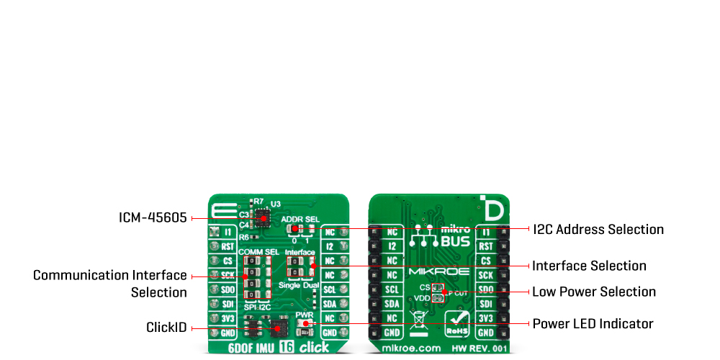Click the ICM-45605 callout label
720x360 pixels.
pyautogui.click(x=152, y=217)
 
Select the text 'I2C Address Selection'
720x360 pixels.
pyautogui.click(x=598, y=230)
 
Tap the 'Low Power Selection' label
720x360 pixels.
pyautogui.click(x=593, y=292)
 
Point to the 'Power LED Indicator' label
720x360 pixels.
pyautogui.click(x=593, y=324)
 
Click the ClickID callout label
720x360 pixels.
pyautogui.click(x=166, y=328)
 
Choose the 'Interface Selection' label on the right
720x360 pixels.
pyautogui.click(x=589, y=266)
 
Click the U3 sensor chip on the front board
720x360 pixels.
pyautogui.click(x=264, y=217)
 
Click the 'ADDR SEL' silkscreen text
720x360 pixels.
pyautogui.click(x=300, y=218)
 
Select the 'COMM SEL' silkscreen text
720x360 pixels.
pyautogui.click(x=258, y=251)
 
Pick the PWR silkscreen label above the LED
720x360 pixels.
pyautogui.click(x=303, y=315)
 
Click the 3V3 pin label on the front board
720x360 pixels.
pyautogui.click(x=227, y=318)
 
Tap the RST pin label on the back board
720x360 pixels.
pyautogui.click(x=485, y=246)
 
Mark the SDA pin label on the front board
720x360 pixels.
pyautogui.click(x=330, y=304)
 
